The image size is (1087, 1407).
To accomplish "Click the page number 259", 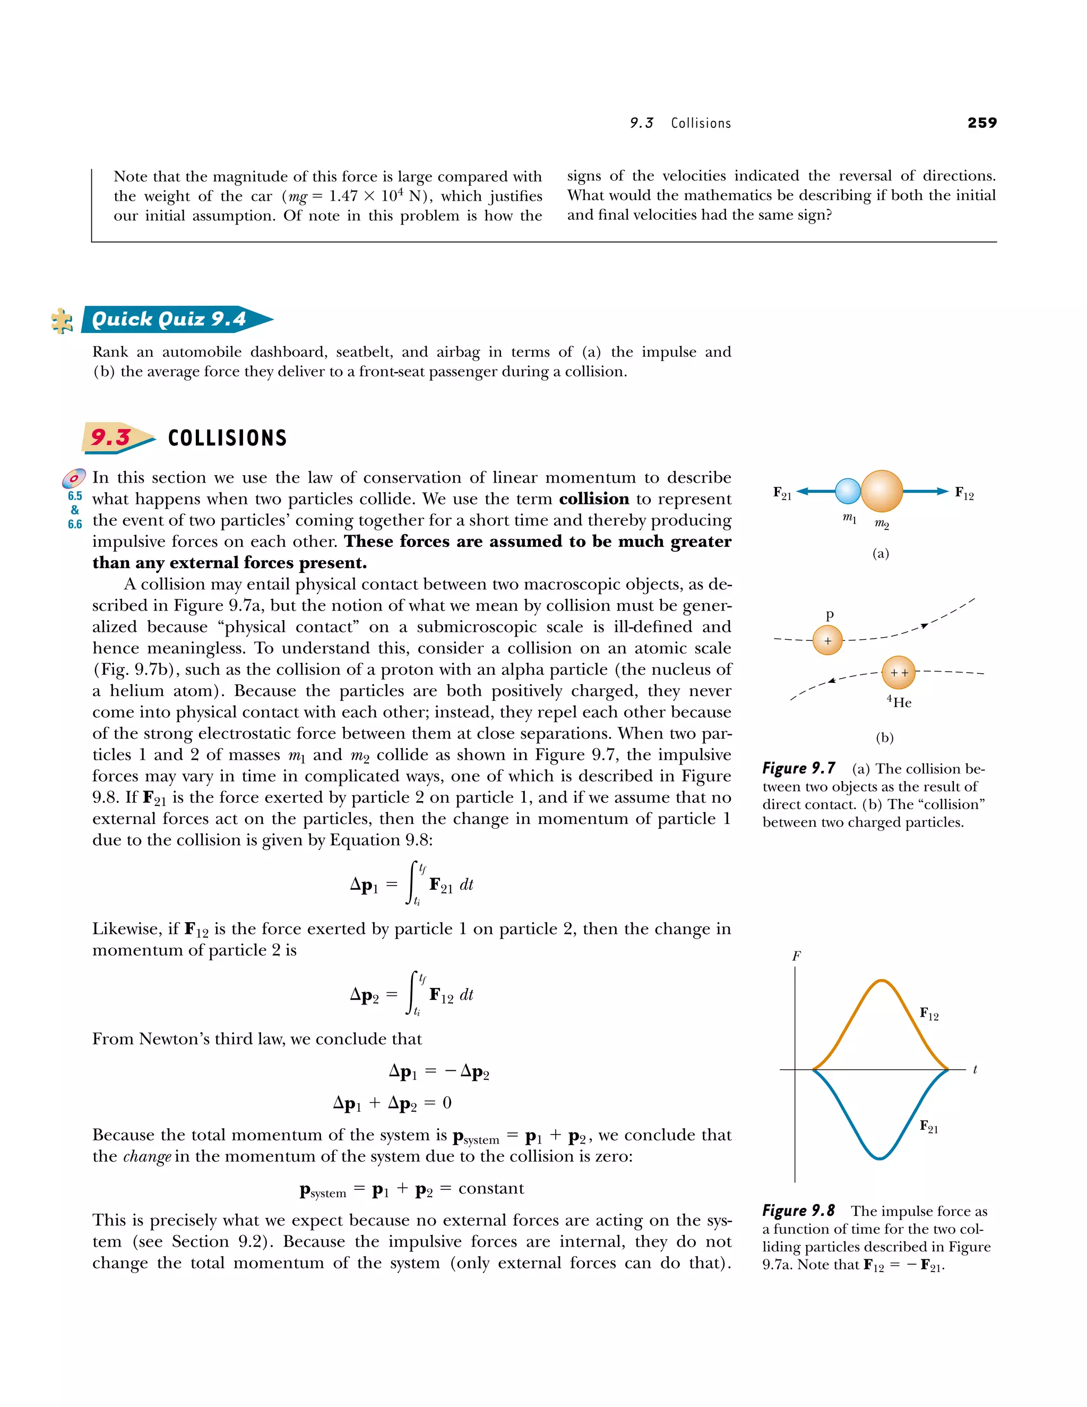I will [981, 123].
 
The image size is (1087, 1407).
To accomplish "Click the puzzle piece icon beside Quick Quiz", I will [62, 320].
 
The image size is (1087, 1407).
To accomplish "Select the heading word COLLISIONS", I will [227, 438].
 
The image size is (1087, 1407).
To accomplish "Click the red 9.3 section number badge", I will [111, 437].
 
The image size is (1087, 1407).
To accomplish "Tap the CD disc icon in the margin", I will [74, 478].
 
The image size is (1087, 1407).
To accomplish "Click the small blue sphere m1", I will [848, 491].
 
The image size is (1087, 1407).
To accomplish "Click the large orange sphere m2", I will [882, 491].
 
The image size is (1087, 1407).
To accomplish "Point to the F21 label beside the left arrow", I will [782, 493].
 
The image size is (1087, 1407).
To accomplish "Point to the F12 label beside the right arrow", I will [964, 493].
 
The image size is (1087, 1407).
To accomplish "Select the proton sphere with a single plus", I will [827, 640].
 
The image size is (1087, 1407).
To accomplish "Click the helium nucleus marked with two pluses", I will [899, 673].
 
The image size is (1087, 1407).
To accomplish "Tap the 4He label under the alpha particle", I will [899, 702].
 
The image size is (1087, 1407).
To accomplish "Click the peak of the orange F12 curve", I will [881, 981].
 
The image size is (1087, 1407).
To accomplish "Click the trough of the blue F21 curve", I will [879, 1157].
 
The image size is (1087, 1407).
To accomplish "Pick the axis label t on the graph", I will [975, 1069].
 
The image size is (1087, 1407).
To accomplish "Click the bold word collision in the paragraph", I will [594, 499].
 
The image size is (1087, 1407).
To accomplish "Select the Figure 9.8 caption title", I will [798, 1211].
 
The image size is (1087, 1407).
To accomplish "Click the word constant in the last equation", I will [491, 1189].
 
